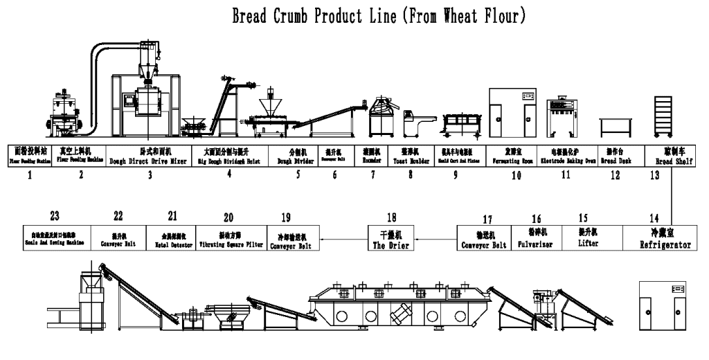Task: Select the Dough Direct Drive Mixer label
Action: pos(150,152)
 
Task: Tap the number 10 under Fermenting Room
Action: pos(515,176)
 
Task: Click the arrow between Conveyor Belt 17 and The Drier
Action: pos(438,240)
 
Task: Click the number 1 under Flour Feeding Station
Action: pos(30,176)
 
